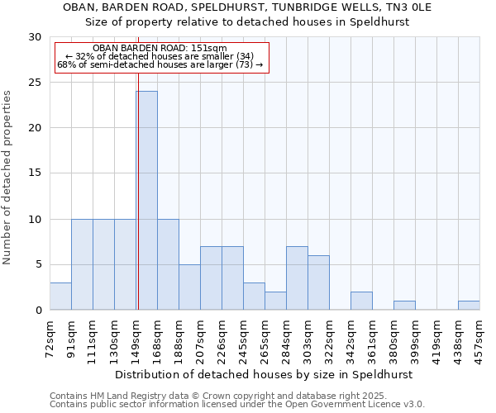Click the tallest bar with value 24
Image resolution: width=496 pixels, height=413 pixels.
pyautogui.click(x=146, y=201)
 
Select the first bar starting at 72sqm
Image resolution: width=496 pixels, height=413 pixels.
pyautogui.click(x=60, y=297)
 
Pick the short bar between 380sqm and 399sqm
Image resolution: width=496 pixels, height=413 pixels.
pyautogui.click(x=404, y=306)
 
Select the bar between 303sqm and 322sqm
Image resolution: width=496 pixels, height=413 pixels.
pyautogui.click(x=318, y=282)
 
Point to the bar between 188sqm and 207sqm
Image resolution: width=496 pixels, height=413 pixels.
pyautogui.click(x=189, y=287)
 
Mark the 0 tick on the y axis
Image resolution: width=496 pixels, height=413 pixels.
pyautogui.click(x=37, y=311)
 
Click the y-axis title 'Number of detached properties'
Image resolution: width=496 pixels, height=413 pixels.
pyautogui.click(x=8, y=178)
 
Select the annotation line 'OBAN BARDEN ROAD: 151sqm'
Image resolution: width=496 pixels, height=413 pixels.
pyautogui.click(x=160, y=49)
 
